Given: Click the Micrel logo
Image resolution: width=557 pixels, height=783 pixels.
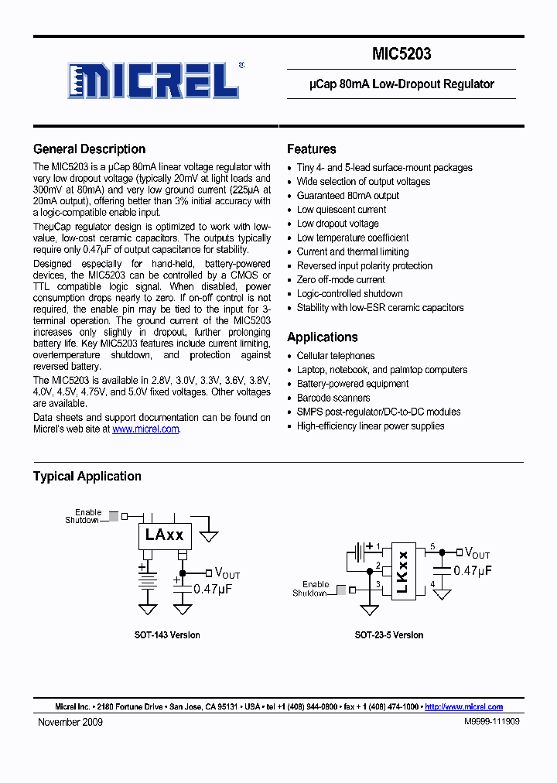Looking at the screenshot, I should [152, 79].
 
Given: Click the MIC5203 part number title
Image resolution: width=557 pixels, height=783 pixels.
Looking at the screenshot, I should [401, 54].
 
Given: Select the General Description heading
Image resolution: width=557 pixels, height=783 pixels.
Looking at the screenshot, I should [89, 149].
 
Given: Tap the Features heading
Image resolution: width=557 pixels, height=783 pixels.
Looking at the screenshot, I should [311, 149].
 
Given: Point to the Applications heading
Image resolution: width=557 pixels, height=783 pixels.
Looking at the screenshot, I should [322, 337].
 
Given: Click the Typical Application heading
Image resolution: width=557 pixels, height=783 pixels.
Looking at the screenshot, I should [87, 477].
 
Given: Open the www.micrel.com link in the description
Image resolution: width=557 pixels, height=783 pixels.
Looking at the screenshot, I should [145, 429].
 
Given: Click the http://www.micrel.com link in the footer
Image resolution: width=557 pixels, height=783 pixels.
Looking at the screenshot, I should [463, 707].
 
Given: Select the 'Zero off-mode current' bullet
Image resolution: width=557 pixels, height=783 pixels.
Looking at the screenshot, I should [340, 280].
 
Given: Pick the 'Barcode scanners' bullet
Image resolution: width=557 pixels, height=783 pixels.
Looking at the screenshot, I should [333, 398].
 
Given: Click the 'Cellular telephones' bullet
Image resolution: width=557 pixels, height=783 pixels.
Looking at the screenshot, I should [336, 356].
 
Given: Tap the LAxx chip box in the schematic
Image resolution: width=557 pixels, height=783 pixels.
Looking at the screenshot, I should [164, 535].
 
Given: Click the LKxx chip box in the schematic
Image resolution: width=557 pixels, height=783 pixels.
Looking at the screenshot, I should [402, 572].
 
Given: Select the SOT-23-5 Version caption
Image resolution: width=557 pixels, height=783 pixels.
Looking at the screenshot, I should [388, 635].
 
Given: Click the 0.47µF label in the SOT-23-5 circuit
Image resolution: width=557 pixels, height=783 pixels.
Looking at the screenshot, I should [473, 570].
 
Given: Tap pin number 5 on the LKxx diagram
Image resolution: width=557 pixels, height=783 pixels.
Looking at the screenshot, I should [432, 546].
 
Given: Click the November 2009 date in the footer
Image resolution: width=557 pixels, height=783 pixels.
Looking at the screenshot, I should [70, 722].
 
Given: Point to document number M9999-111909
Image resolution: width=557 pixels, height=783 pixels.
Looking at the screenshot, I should [491, 722].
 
